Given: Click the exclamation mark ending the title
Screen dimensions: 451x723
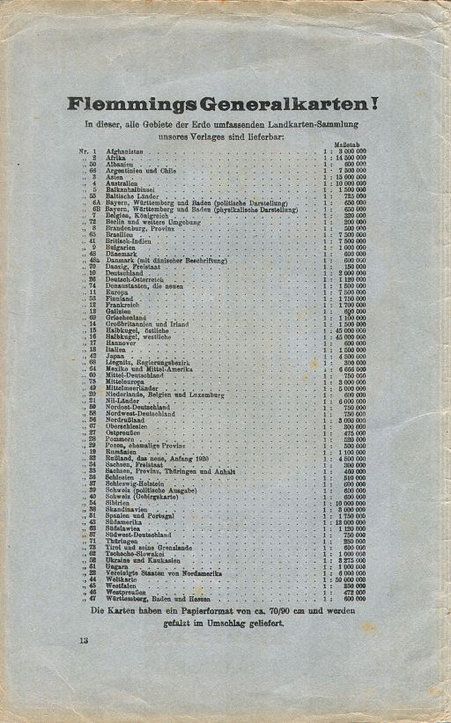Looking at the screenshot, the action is [x=374, y=104].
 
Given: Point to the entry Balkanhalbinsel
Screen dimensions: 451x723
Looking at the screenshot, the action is [x=130, y=188].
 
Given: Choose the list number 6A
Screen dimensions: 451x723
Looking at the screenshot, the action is [x=96, y=202].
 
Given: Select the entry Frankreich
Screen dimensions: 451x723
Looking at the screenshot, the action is [x=123, y=304].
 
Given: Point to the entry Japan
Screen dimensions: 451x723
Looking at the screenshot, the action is [x=115, y=356].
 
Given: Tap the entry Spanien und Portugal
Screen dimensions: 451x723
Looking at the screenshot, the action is [x=140, y=515].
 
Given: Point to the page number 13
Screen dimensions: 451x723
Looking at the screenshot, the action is [x=83, y=640].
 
